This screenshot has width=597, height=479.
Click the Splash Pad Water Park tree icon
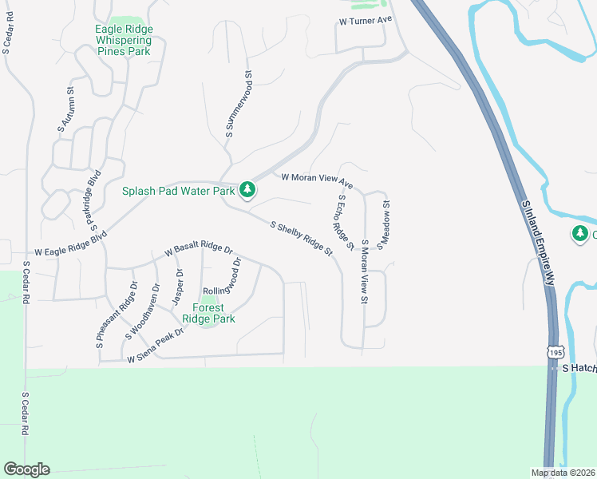247,189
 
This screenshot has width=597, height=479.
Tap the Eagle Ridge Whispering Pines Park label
123,40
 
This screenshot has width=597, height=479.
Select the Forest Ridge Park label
208,312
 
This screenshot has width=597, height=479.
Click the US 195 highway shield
555,351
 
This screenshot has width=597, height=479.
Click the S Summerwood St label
239,106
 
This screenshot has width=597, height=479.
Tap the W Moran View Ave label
316,179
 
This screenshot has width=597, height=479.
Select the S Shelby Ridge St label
302,238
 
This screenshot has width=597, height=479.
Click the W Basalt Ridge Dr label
198,251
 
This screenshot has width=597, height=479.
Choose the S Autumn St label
65,109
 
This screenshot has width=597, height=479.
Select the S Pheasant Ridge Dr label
117,315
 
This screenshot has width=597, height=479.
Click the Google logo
26,469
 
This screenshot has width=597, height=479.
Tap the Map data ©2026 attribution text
563,473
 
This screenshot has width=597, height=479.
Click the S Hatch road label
579,368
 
